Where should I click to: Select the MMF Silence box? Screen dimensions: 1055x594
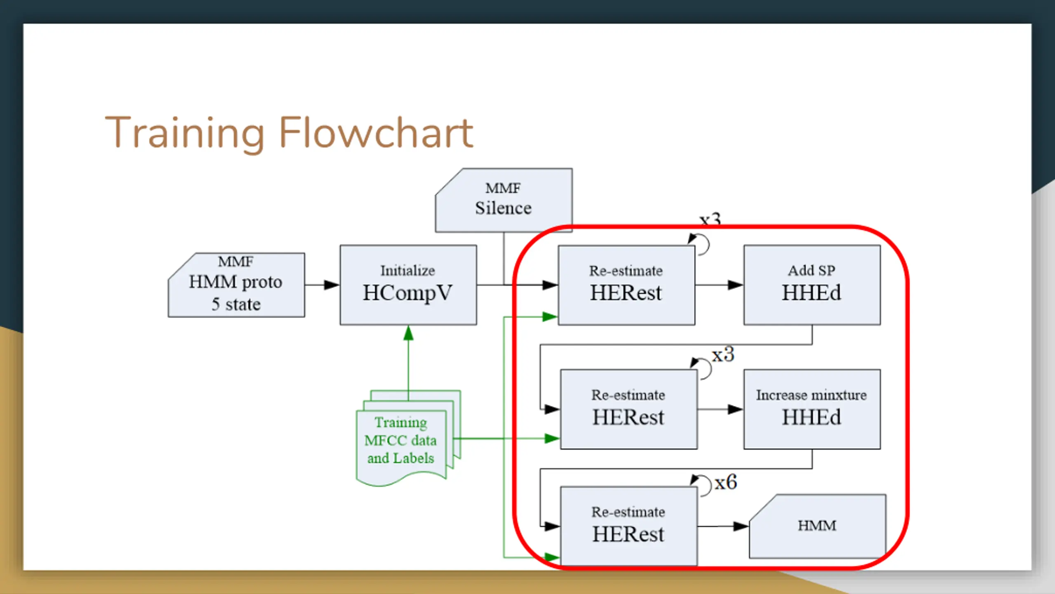point(504,200)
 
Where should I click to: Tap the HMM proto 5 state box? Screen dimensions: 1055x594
point(236,285)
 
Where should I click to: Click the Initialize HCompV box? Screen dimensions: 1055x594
point(408,285)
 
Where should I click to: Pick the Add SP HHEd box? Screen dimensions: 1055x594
point(812,285)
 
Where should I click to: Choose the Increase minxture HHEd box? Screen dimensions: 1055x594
point(812,409)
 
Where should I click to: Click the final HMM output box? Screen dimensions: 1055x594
point(817,526)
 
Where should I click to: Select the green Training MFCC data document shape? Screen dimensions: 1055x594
point(408,438)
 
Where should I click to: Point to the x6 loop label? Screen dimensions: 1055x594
point(726,482)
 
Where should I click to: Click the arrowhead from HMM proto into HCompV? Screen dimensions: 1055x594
point(332,285)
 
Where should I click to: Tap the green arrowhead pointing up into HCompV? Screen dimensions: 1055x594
point(408,333)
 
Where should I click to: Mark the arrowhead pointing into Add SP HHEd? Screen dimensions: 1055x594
point(736,285)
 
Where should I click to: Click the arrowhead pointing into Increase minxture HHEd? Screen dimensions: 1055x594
point(736,409)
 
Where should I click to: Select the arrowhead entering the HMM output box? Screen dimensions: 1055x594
point(741,526)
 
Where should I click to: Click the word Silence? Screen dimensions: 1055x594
point(503,208)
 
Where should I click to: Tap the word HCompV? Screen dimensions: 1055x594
point(408,293)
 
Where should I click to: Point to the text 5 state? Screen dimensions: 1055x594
point(236,304)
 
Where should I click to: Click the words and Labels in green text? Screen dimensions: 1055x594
point(401,458)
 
